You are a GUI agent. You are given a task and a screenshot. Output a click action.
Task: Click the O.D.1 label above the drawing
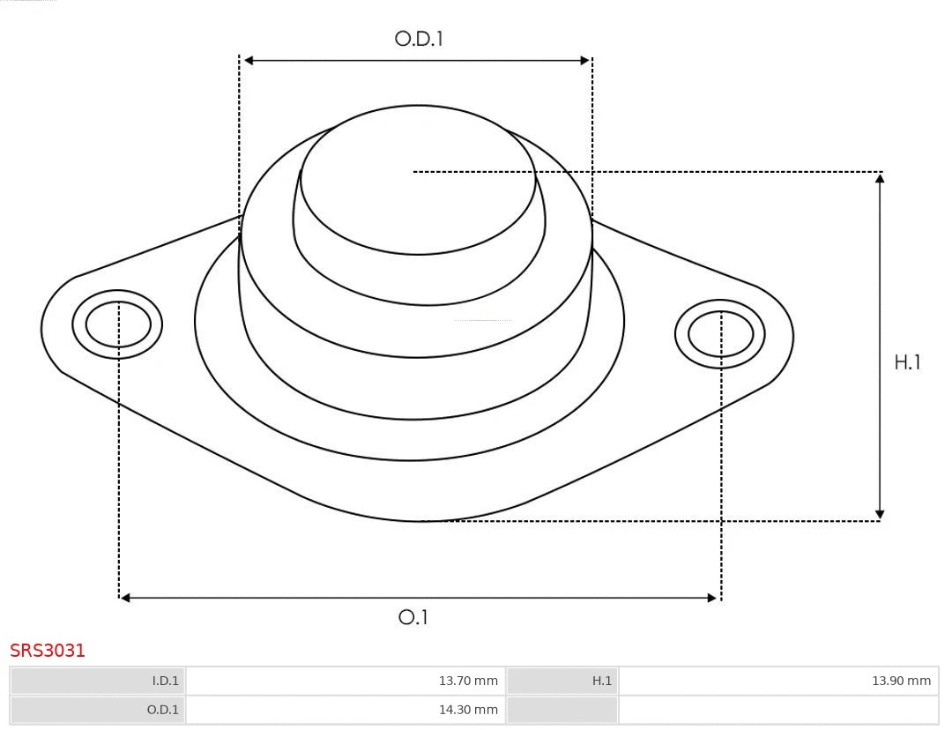point(418,39)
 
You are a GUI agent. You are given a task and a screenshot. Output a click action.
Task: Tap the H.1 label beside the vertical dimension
point(907,362)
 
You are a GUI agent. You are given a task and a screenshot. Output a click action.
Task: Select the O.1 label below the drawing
point(413,617)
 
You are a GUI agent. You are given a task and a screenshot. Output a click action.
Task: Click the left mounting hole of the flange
point(117,324)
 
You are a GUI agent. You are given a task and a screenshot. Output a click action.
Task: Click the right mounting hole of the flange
point(720,334)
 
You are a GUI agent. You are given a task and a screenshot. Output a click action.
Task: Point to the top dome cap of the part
point(417,181)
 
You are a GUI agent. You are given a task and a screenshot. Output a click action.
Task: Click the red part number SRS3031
point(48,651)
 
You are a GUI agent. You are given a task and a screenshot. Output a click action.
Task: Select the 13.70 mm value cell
point(467,681)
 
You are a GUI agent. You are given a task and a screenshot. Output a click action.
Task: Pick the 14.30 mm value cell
point(467,709)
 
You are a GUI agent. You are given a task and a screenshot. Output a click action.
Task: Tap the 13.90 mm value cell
point(900,681)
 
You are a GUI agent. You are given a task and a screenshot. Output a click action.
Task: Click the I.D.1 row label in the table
point(165,681)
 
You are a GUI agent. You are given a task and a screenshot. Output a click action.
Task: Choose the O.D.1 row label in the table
point(163,709)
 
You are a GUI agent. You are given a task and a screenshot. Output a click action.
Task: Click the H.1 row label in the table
point(601,681)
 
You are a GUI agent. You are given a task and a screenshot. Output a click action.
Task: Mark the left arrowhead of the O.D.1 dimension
point(249,61)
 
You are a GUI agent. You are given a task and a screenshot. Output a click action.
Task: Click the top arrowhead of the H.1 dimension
point(880,178)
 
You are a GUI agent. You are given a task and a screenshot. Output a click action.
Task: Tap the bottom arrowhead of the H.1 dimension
point(880,514)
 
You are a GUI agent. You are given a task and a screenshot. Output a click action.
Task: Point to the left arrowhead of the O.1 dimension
point(125,598)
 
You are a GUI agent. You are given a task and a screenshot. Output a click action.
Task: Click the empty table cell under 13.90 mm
point(777,709)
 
